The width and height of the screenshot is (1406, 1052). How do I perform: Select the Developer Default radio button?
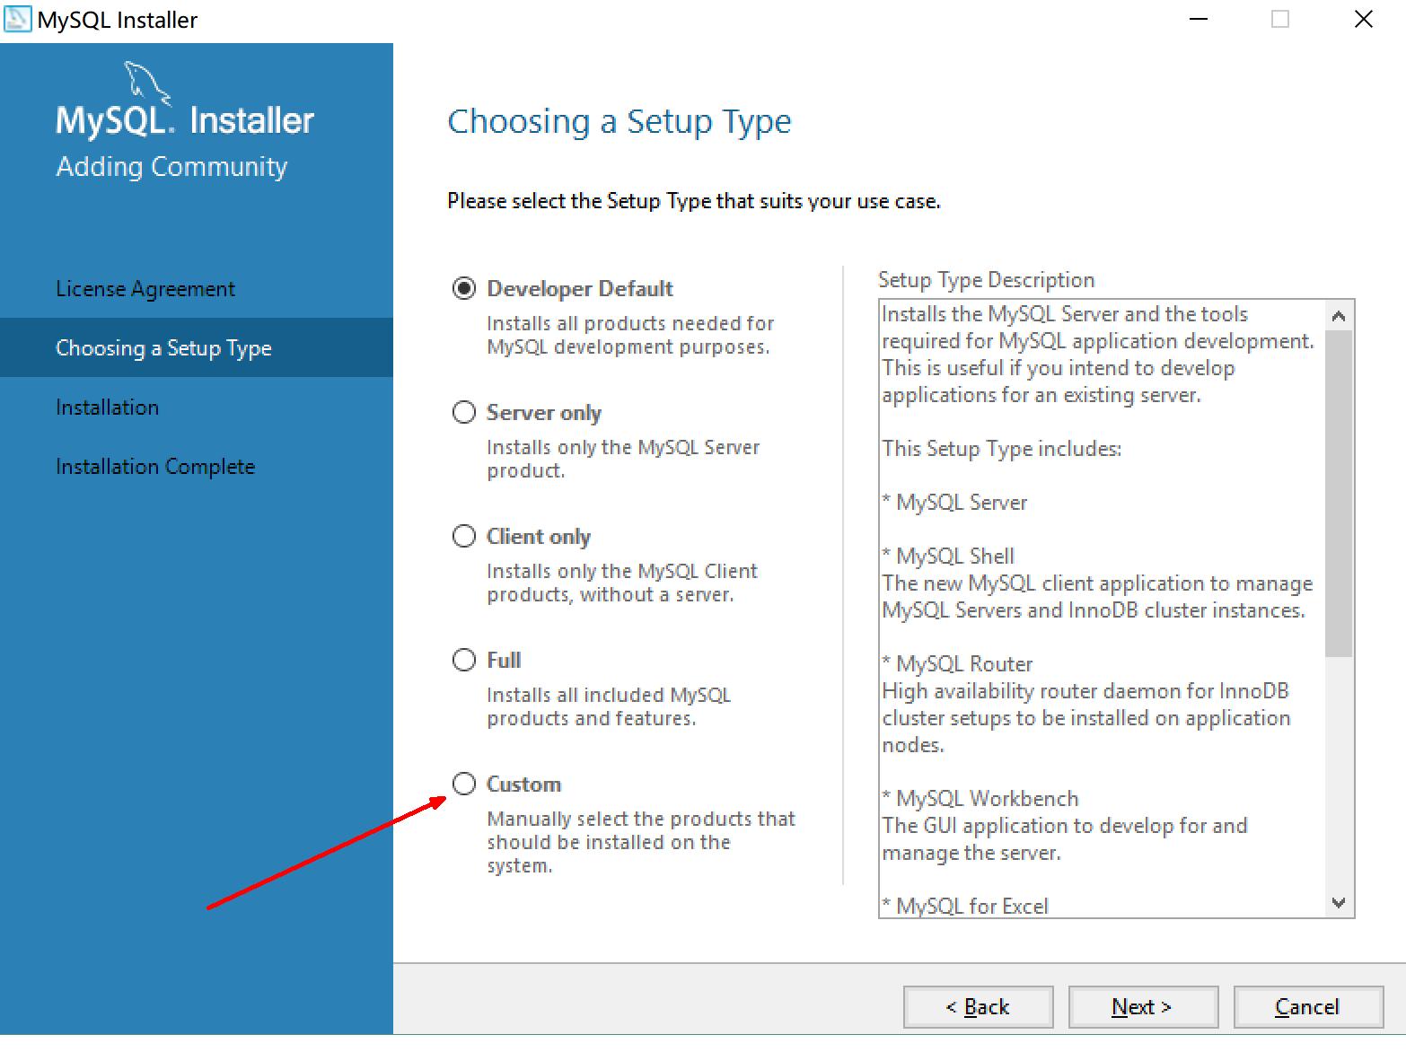(x=464, y=289)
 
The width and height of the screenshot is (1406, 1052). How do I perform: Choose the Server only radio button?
(x=464, y=412)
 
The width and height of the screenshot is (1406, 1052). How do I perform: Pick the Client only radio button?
(x=464, y=536)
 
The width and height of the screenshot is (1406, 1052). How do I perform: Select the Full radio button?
(x=464, y=660)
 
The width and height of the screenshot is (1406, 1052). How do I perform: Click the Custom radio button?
(x=464, y=784)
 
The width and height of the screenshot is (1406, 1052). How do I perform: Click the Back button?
(x=978, y=1007)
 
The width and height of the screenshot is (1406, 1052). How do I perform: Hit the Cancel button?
(x=1308, y=1007)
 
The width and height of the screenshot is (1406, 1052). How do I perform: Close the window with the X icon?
(x=1364, y=19)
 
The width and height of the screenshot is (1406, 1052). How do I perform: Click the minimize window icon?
(x=1199, y=19)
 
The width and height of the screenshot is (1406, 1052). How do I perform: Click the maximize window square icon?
(x=1280, y=19)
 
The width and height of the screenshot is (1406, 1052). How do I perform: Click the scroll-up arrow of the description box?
(x=1338, y=316)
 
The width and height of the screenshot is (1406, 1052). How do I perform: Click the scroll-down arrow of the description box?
(x=1338, y=903)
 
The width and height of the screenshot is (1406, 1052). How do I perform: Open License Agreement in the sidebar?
(x=145, y=289)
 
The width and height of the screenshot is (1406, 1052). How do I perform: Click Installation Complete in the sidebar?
(x=155, y=467)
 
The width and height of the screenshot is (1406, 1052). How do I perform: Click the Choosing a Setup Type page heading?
(x=620, y=122)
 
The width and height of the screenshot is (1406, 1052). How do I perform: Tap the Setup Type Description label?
(x=987, y=280)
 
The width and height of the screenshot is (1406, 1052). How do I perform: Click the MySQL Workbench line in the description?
(x=980, y=799)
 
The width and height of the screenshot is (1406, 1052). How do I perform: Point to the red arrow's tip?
(x=446, y=797)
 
